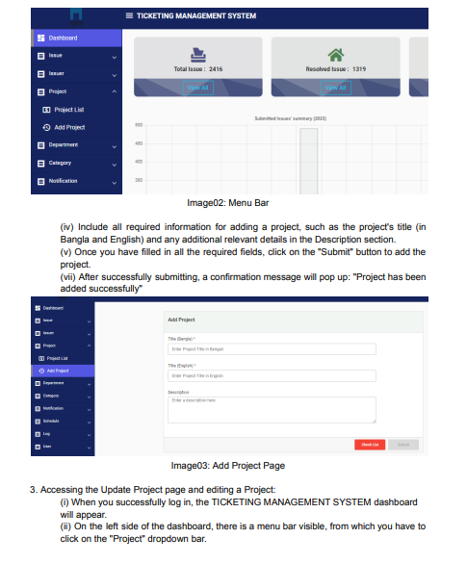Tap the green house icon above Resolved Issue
click(335, 56)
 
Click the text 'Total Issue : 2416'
click(197, 69)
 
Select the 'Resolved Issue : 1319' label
click(335, 69)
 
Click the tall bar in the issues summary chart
click(308, 159)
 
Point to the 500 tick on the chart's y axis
click(139, 125)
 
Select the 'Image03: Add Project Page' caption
click(227, 466)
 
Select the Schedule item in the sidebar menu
click(53, 421)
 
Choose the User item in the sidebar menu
click(48, 446)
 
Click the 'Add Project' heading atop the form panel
click(182, 319)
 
